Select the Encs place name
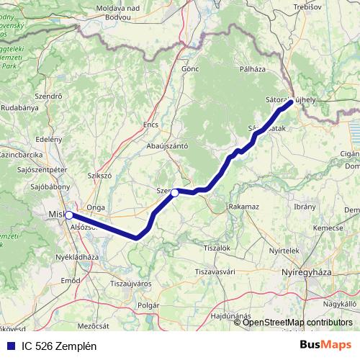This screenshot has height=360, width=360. pyautogui.click(x=150, y=125)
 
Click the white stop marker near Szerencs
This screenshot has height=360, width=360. pyautogui.click(x=174, y=192)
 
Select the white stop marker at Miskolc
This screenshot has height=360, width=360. pyautogui.click(x=68, y=215)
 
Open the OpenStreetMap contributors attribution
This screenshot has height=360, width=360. pyautogui.click(x=299, y=322)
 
